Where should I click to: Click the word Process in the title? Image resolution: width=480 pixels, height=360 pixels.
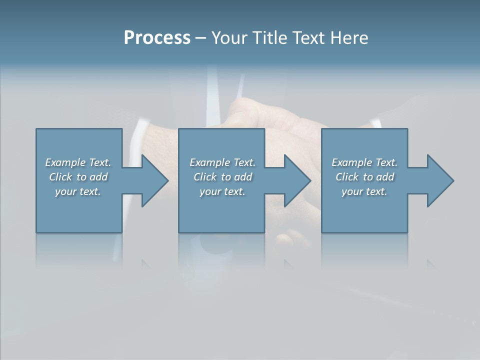click(157, 38)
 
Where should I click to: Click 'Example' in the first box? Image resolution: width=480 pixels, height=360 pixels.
click(65, 162)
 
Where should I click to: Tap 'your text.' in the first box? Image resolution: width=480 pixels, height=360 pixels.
click(78, 191)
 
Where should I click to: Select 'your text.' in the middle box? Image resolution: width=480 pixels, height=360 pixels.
click(222, 191)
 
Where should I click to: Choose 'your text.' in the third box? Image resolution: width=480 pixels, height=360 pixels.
click(364, 191)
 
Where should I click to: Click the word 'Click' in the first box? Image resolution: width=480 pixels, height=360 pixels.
click(60, 177)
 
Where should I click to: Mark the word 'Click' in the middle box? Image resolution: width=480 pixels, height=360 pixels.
click(205, 177)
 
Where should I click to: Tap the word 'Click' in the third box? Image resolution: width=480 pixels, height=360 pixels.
click(347, 177)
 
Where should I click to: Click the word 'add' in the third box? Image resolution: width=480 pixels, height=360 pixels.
click(385, 177)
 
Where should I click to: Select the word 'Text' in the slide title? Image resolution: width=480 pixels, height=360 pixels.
click(307, 38)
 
